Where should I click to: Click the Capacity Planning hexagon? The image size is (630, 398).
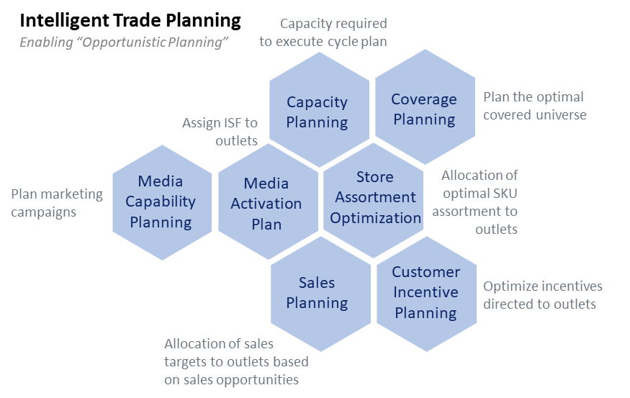(x=317, y=112)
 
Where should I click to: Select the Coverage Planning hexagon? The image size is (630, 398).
(x=424, y=109)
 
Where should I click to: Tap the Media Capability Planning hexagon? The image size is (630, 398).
(x=161, y=202)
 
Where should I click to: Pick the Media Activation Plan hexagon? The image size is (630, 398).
(x=266, y=204)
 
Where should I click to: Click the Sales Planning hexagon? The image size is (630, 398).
(x=317, y=293)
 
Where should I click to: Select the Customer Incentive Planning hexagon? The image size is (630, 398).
(x=426, y=292)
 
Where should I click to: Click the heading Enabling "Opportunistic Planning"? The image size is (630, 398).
(x=124, y=42)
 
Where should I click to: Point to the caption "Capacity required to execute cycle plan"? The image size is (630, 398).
(x=323, y=33)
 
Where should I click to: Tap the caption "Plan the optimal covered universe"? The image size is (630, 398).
(x=534, y=106)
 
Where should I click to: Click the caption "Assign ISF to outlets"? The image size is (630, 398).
(x=220, y=132)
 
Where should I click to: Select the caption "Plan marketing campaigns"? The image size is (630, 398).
(x=57, y=203)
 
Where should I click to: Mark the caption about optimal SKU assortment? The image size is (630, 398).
(x=480, y=202)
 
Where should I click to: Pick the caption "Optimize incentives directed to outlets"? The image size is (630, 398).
(x=542, y=295)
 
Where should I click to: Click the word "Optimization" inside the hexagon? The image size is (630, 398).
(x=376, y=217)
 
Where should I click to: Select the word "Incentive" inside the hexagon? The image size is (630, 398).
(x=426, y=292)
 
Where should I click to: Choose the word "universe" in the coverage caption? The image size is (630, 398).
(x=560, y=114)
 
